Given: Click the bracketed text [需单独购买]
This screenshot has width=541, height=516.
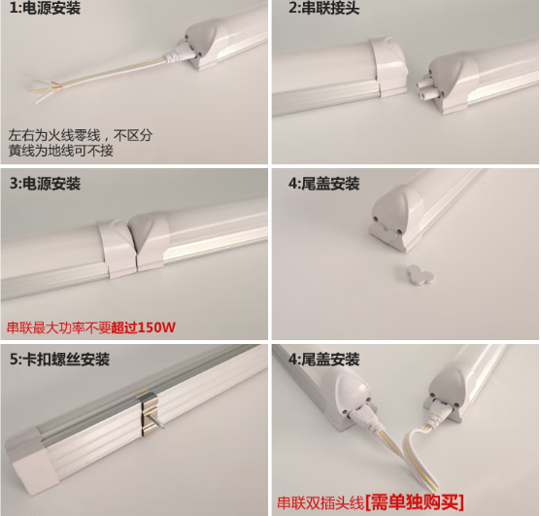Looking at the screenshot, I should [414, 502].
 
